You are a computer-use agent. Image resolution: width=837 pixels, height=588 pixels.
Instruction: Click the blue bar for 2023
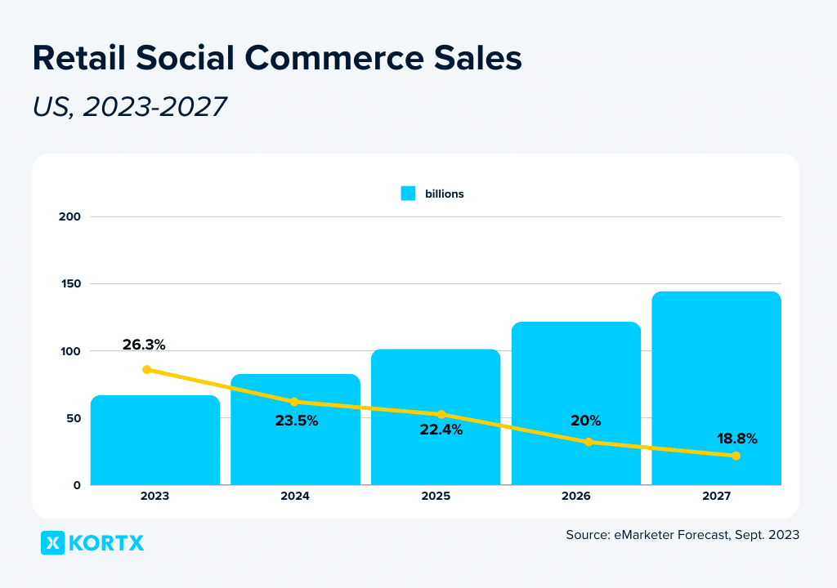[154, 441]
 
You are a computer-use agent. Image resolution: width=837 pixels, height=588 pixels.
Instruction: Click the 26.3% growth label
[144, 345]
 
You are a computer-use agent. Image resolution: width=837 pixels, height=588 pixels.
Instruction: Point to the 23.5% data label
[296, 421]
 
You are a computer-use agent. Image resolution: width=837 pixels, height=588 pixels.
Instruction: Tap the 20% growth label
[585, 421]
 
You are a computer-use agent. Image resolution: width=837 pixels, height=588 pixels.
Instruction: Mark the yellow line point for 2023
[147, 370]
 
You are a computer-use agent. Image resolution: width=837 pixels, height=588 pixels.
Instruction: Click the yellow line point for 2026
[589, 442]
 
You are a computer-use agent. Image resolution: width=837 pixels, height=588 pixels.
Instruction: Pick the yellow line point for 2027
[736, 456]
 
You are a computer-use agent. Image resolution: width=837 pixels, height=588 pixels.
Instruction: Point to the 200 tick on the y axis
[69, 216]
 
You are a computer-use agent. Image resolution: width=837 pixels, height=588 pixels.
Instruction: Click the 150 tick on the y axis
[69, 284]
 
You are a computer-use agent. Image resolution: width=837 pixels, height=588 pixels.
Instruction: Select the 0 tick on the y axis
[77, 485]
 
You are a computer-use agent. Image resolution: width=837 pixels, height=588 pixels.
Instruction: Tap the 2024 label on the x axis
[294, 496]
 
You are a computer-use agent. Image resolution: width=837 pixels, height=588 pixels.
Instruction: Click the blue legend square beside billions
[408, 194]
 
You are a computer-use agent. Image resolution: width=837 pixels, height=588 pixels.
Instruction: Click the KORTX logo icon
[52, 543]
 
